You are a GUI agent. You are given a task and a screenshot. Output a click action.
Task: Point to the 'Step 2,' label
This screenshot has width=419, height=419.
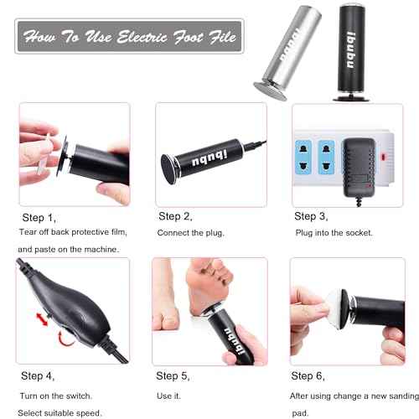point(175,216)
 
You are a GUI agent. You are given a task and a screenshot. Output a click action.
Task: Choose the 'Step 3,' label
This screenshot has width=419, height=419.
point(311,216)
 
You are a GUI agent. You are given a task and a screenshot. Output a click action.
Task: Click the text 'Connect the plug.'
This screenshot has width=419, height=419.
point(192,231)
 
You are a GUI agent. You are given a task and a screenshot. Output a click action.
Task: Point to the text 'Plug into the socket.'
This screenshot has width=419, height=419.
point(333,231)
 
